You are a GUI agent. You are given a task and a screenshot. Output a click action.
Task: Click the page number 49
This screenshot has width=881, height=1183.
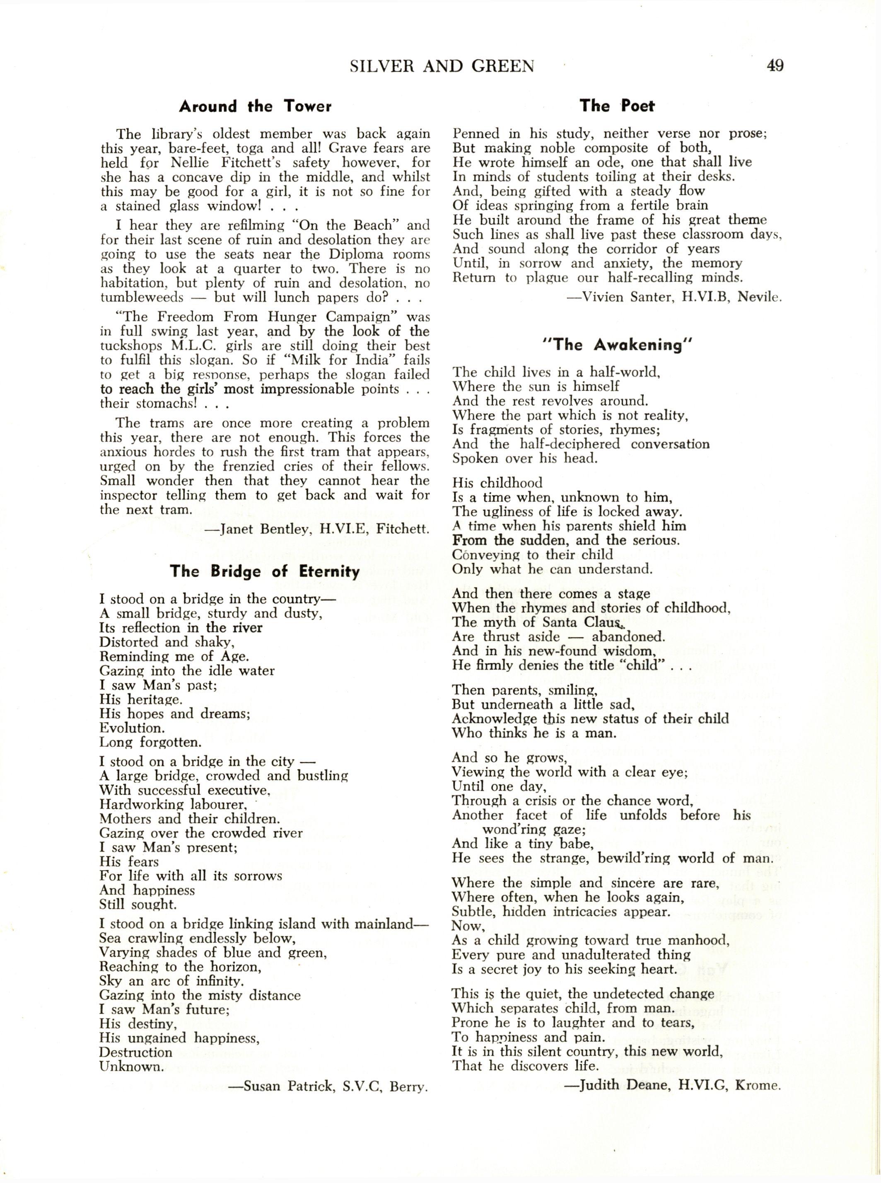pyautogui.click(x=775, y=65)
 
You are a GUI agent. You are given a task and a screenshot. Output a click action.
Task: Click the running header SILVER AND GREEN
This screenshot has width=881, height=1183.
pyautogui.click(x=442, y=66)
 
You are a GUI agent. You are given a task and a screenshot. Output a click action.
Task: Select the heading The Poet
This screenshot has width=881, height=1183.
pyautogui.click(x=617, y=106)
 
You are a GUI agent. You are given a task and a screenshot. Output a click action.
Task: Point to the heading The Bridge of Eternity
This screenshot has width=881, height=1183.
pyautogui.click(x=265, y=572)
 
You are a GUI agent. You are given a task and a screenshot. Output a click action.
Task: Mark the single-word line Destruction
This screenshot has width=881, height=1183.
pyautogui.click(x=135, y=1038)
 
